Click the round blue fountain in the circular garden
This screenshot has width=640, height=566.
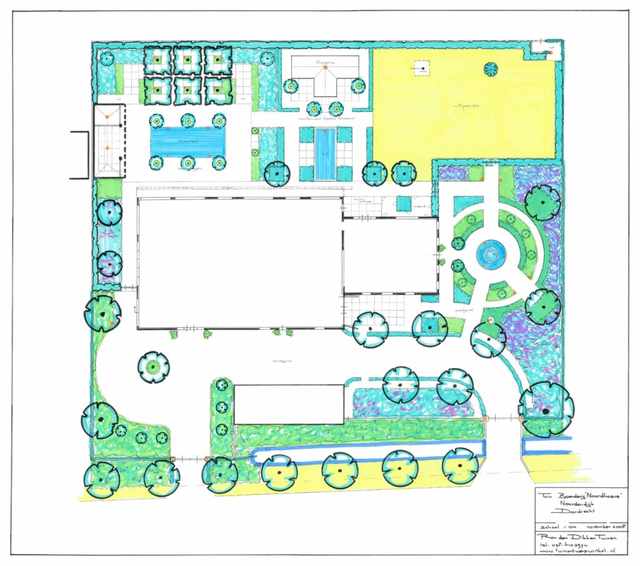[489, 254]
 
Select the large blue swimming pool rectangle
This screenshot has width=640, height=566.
[187, 142]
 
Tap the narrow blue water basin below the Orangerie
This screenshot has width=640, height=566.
[324, 153]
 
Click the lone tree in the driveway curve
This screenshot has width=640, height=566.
[153, 367]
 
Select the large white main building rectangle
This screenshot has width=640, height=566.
[239, 262]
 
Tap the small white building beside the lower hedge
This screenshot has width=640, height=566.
[289, 404]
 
